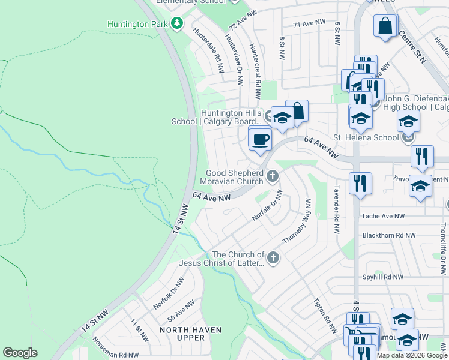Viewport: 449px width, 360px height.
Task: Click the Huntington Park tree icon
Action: click(176, 23)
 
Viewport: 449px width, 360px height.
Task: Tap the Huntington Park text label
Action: click(138, 24)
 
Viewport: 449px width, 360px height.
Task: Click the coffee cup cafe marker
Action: click(259, 140)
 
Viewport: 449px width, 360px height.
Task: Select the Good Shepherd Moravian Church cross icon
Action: click(273, 176)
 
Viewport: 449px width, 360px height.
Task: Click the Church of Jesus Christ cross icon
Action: click(273, 258)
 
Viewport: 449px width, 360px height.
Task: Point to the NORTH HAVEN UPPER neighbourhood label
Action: click(190, 334)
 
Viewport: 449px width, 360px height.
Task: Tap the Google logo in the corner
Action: click(20, 353)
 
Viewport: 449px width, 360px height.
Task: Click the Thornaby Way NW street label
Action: click(297, 221)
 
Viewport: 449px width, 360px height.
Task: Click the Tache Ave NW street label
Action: click(383, 216)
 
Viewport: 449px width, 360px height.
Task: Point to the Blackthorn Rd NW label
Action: click(392, 236)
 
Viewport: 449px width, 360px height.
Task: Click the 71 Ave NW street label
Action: click(309, 23)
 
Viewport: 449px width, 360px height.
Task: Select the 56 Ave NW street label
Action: click(181, 312)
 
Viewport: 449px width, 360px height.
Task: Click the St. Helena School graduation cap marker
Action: click(408, 122)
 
